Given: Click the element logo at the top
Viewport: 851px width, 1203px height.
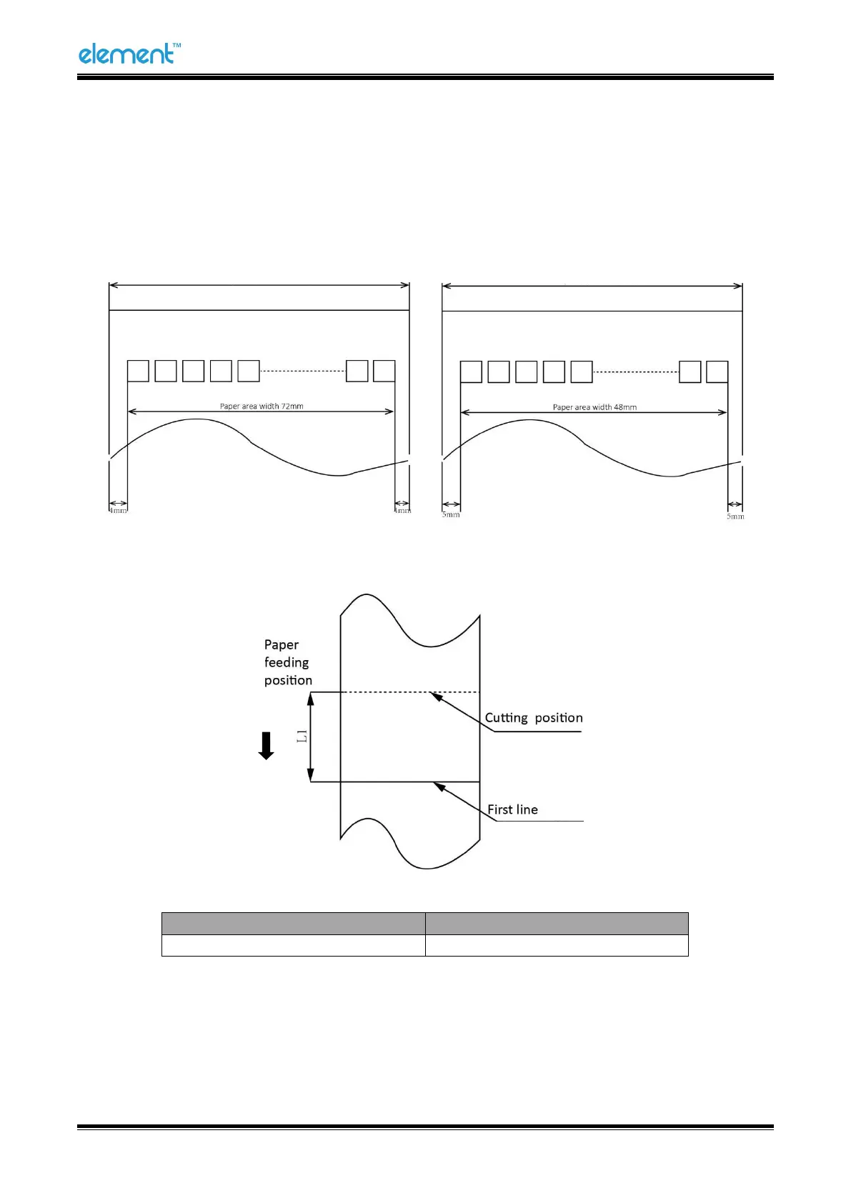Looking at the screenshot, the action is tap(129, 54).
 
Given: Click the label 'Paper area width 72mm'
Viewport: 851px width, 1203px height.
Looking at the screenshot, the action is tap(262, 406).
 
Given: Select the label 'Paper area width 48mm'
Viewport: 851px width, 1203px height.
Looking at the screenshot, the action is tap(594, 407).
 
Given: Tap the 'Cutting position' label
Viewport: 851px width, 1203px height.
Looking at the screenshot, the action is tap(534, 718).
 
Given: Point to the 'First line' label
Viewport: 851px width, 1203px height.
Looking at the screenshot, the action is tap(512, 809).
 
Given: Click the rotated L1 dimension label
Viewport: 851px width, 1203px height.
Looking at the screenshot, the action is tap(302, 737).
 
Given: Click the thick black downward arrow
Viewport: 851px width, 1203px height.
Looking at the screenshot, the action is tap(267, 746).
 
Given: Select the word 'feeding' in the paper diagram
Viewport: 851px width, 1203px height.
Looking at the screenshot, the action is tap(287, 663).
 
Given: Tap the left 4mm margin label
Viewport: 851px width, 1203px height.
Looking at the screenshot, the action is tap(119, 511).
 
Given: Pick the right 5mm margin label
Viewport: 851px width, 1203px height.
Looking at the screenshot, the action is tap(735, 516).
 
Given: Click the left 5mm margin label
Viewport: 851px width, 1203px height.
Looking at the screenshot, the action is tap(451, 514).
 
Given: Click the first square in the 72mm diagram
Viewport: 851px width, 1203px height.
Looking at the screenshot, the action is tap(138, 371).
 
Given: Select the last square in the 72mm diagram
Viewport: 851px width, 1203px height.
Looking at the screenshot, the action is tap(384, 371).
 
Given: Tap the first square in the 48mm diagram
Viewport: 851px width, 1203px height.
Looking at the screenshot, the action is tap(471, 372).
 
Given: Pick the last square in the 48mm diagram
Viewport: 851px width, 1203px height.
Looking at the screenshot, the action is tap(717, 372).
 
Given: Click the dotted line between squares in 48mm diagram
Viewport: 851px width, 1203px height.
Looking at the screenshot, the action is tap(635, 372).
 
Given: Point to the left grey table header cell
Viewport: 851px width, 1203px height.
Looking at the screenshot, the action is tap(293, 924).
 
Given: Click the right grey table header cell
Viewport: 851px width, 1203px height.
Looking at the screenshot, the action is tap(557, 924).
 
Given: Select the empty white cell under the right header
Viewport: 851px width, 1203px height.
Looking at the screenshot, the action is tap(557, 945).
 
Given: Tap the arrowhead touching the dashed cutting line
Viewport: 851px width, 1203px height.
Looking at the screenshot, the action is tap(435, 695).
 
